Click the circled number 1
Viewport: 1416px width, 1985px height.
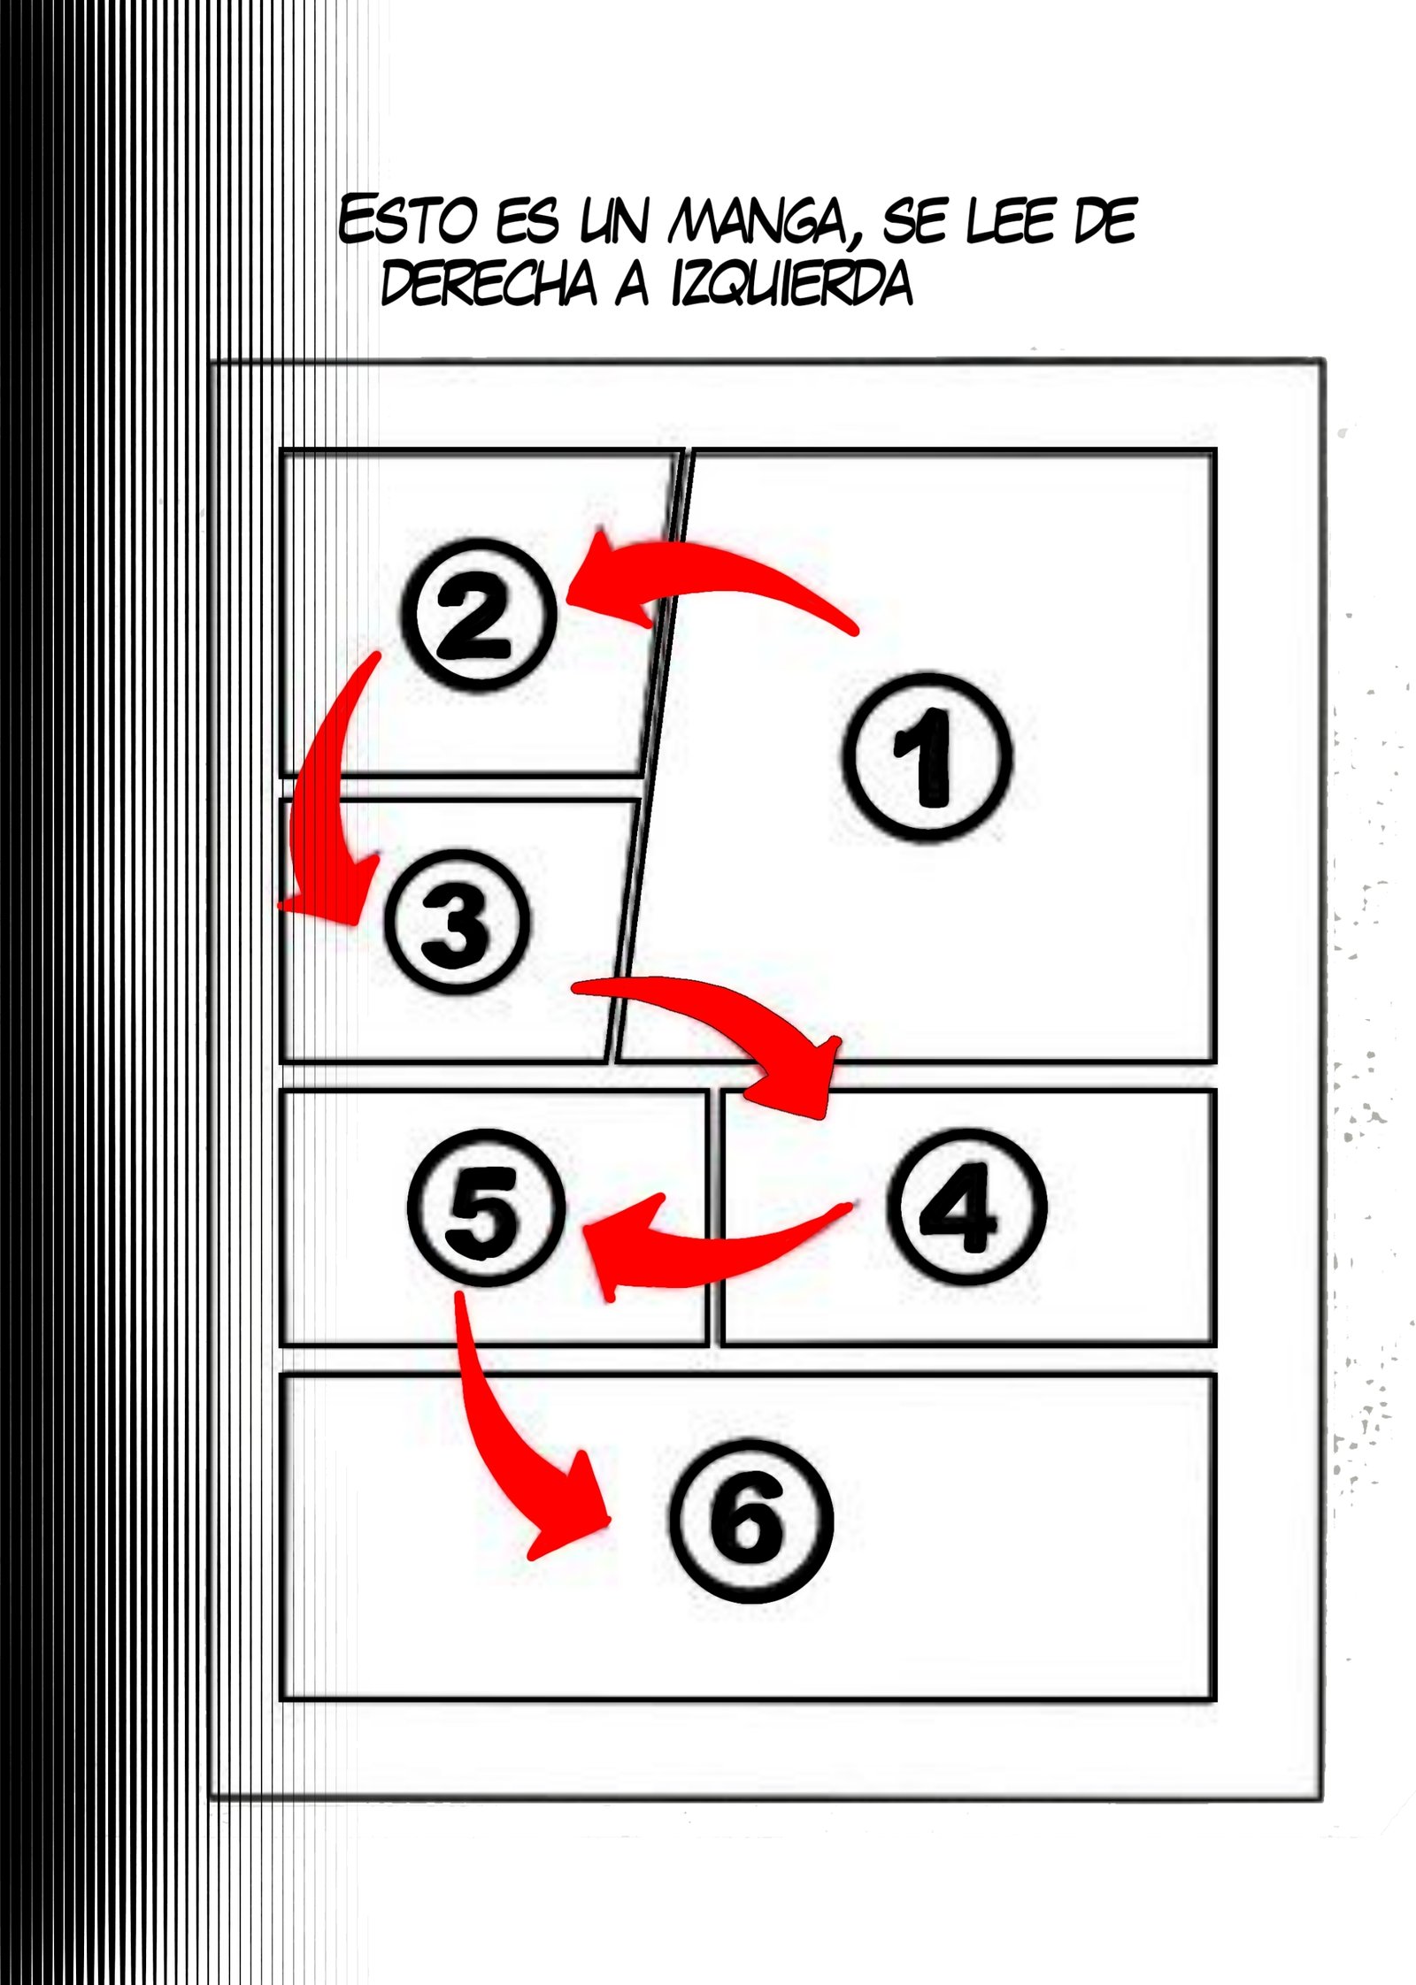click(927, 756)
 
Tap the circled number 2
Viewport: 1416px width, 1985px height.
click(478, 615)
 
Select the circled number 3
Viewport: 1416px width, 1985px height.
click(458, 921)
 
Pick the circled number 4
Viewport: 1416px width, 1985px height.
click(966, 1207)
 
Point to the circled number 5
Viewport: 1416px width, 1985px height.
click(486, 1207)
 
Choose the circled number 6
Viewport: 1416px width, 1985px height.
click(750, 1521)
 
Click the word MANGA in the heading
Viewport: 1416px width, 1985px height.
click(756, 220)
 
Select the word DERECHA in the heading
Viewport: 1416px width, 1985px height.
click(489, 283)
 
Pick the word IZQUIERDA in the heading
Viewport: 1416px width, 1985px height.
click(792, 284)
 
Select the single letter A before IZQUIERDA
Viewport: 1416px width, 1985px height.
click(632, 284)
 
